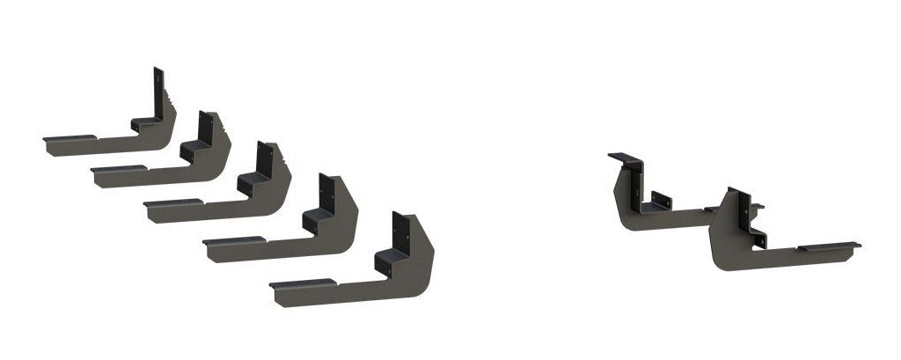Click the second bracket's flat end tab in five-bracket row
116,168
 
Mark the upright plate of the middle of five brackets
261,160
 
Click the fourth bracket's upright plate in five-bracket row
326,194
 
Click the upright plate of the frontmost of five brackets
400,231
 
